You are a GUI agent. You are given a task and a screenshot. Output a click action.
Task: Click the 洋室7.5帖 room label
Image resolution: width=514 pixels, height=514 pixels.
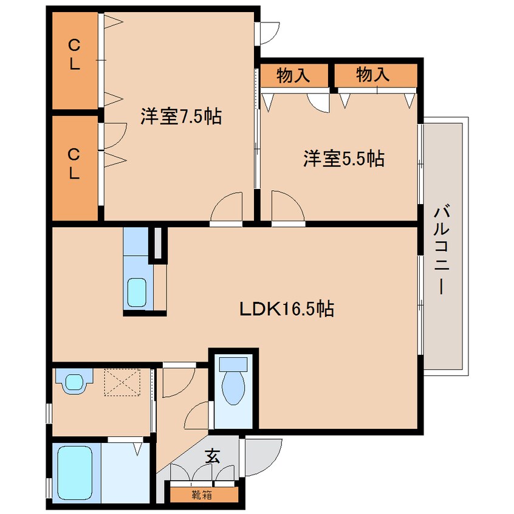[180, 117]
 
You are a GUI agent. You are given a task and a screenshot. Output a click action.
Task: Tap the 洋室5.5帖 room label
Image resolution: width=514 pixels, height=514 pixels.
[343, 159]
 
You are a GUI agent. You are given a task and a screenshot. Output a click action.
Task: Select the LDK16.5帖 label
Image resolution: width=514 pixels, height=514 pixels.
[286, 309]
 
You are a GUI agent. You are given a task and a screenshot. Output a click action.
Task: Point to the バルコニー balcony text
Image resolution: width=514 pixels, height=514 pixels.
[442, 250]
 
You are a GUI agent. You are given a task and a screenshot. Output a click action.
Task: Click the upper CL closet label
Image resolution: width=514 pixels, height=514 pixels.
[74, 54]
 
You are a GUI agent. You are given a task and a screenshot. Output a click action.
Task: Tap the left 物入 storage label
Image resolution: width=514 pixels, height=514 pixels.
[293, 75]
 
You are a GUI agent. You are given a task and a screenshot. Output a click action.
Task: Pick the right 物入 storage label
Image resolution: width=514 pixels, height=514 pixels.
[372, 75]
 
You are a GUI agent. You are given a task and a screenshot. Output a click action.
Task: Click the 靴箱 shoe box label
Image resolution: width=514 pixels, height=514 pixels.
[203, 495]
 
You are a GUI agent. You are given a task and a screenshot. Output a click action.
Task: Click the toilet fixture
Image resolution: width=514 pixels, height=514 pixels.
[233, 382]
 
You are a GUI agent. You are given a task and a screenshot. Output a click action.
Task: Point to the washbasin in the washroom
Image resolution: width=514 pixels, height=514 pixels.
[74, 382]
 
